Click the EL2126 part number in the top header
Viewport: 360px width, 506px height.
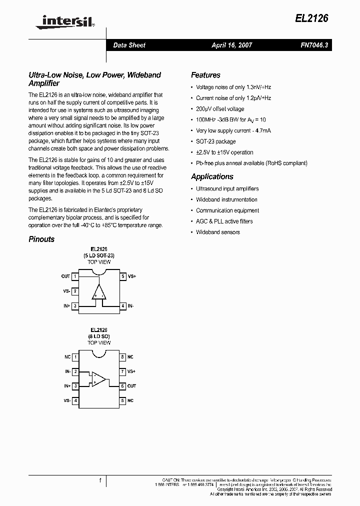point(314,18)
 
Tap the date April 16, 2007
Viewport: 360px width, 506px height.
point(231,45)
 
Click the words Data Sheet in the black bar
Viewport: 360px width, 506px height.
point(129,45)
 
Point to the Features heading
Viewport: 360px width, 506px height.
point(205,75)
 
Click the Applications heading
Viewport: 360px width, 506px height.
point(212,176)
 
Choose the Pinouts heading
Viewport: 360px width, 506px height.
point(41,239)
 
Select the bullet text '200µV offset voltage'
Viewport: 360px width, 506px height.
point(220,109)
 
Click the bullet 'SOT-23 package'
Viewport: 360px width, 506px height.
point(215,141)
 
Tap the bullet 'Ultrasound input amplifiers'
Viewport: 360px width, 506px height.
point(227,189)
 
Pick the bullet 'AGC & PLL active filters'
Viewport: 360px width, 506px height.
point(224,221)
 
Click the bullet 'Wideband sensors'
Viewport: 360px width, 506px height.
point(217,232)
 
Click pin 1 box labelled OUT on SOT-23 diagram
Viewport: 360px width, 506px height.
point(75,276)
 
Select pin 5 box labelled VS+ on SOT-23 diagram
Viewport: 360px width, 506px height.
point(123,276)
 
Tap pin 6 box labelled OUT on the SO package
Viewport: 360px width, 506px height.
point(122,386)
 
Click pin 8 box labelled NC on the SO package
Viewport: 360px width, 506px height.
point(122,357)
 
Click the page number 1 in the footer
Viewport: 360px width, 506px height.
point(100,480)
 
